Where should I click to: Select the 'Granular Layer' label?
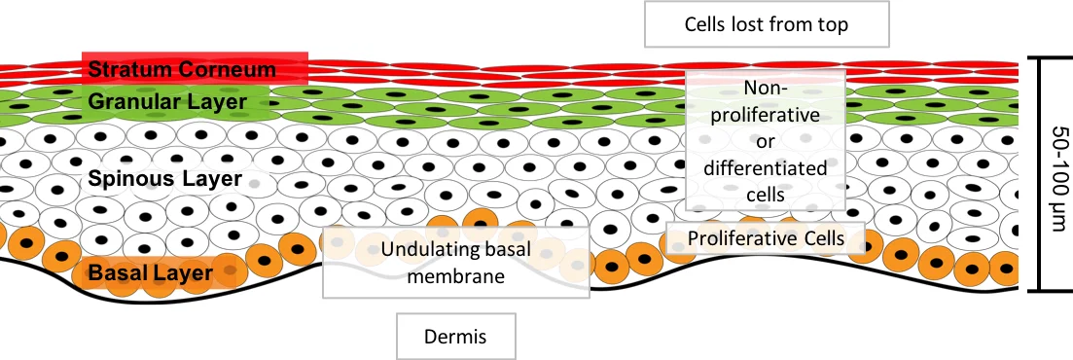[166, 100]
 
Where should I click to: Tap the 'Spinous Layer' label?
[164, 179]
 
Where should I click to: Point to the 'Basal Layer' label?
[150, 273]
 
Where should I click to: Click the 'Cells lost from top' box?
[767, 24]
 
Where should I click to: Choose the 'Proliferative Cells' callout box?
[766, 238]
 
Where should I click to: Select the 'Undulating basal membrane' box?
[456, 263]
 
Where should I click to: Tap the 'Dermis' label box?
[455, 337]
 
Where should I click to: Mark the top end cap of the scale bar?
[1041, 58]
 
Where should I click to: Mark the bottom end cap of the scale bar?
[1041, 290]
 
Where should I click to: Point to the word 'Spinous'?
[125, 179]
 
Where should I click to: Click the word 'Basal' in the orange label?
[118, 273]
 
